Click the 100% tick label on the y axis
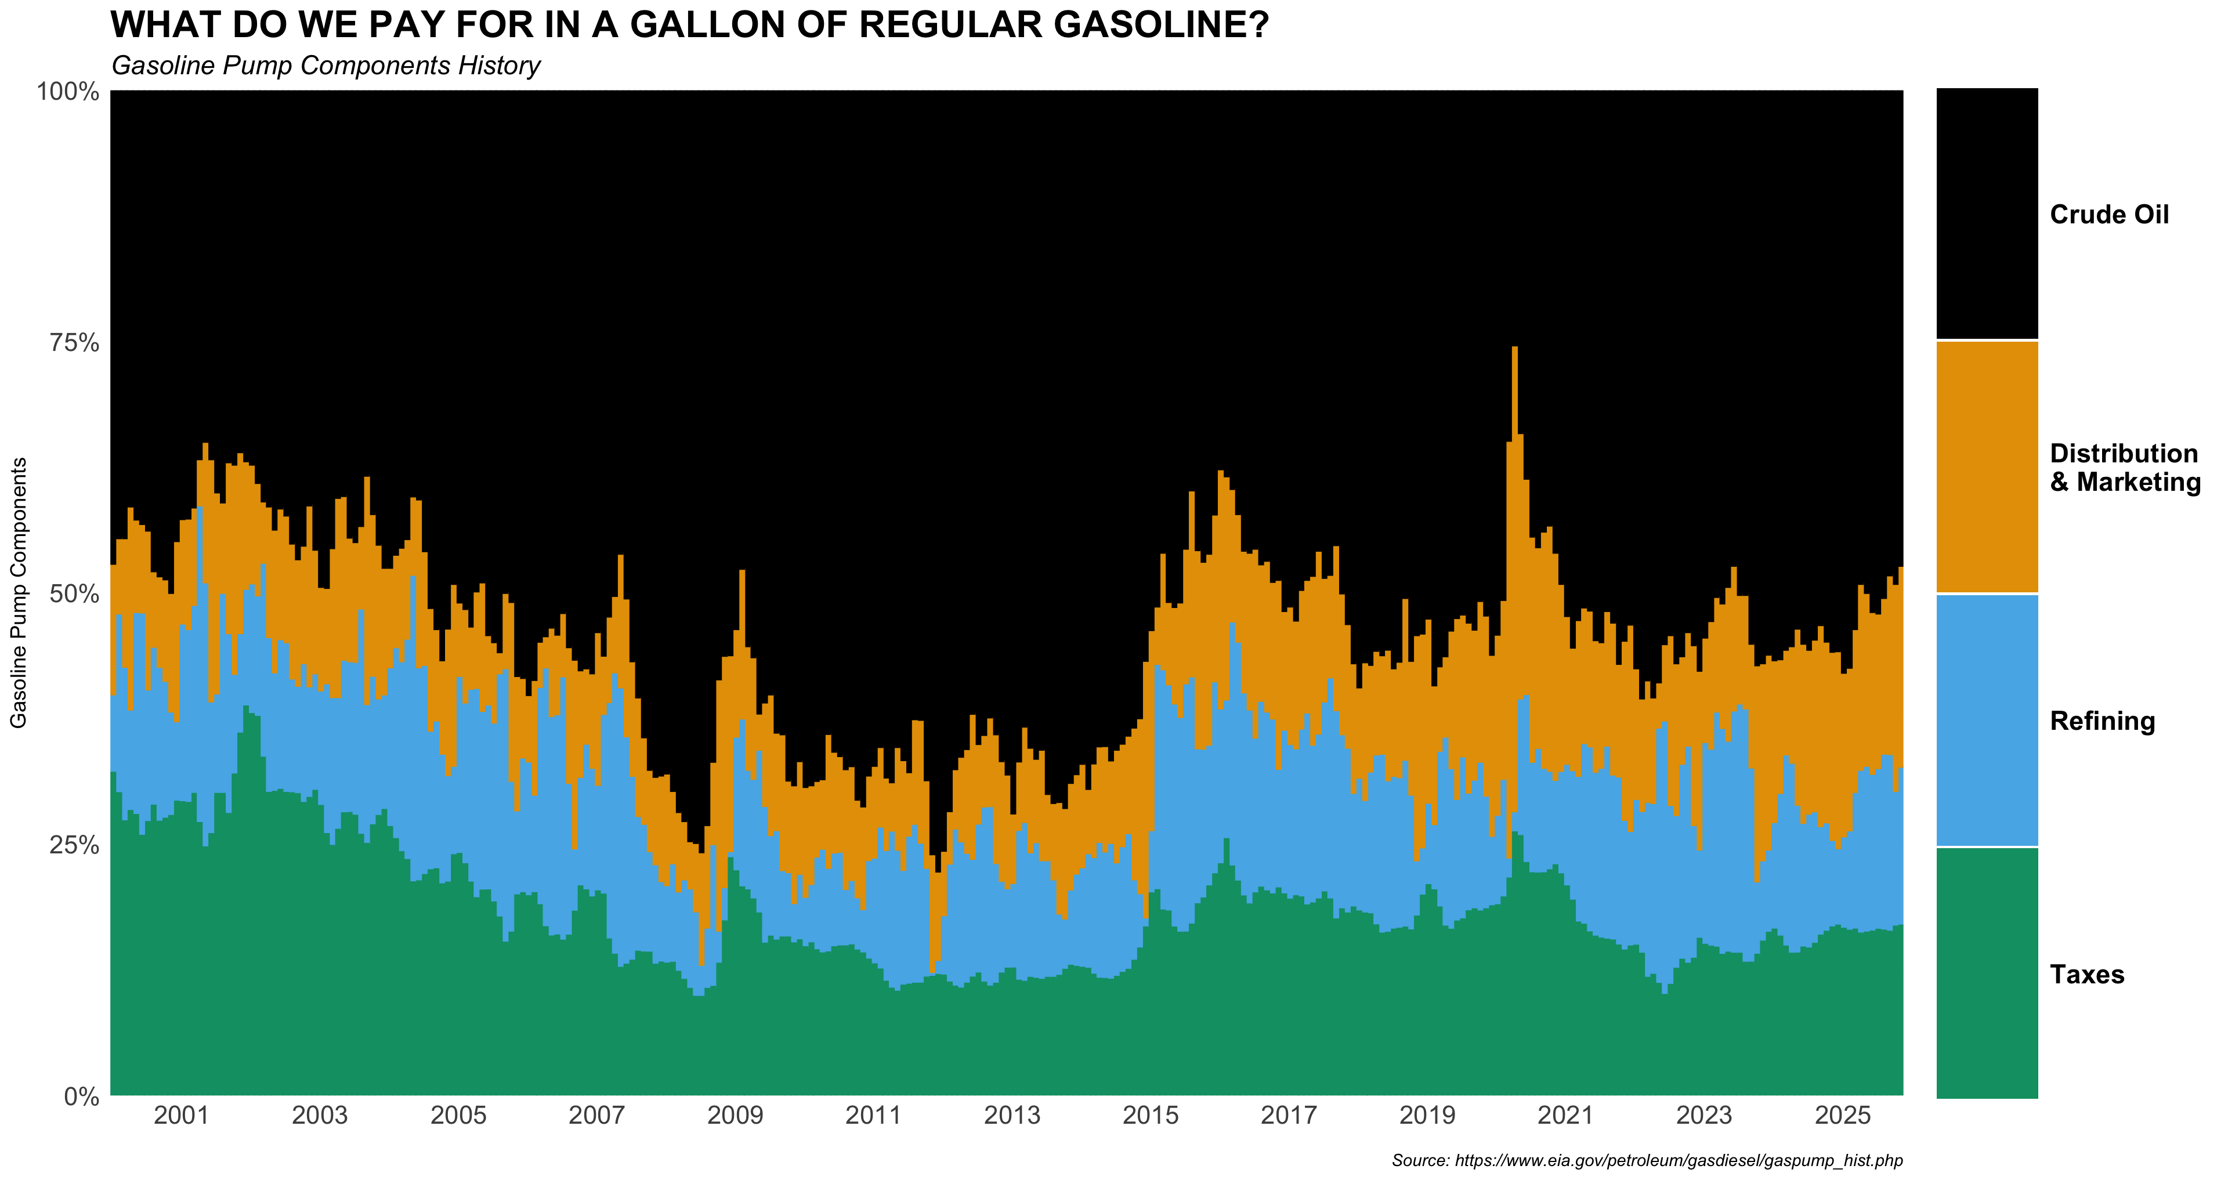[x=67, y=91]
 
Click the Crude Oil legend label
[x=2108, y=215]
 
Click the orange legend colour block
[x=1987, y=467]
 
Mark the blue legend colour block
[x=1987, y=720]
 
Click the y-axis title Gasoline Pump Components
[x=19, y=592]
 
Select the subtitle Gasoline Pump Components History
[x=326, y=66]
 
